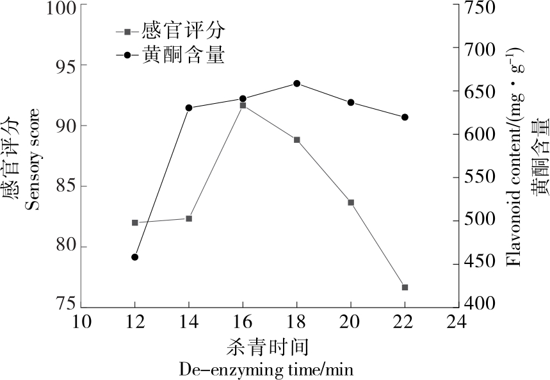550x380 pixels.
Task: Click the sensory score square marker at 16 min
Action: [243, 105]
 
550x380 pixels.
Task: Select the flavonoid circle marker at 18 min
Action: [296, 83]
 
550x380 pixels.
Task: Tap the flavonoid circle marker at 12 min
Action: [134, 257]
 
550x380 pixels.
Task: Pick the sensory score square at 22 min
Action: [405, 287]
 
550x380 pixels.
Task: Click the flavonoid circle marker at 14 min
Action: [189, 108]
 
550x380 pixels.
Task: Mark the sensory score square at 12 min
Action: [134, 222]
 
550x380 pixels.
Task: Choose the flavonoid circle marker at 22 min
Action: [405, 117]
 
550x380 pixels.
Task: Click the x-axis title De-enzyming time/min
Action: [266, 370]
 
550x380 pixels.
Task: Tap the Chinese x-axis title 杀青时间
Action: [267, 347]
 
